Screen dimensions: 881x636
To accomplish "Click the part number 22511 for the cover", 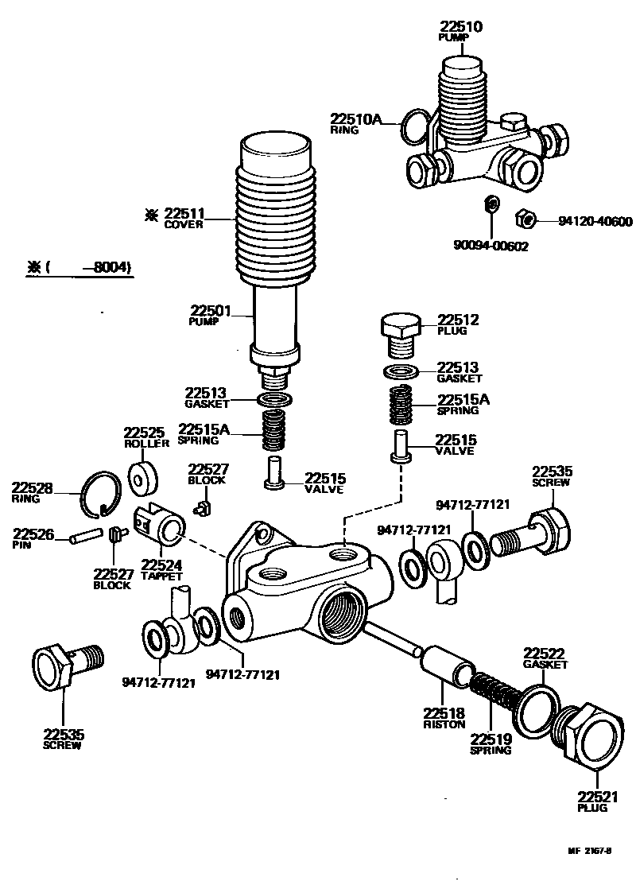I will [184, 213].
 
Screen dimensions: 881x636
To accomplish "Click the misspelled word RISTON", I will [444, 724].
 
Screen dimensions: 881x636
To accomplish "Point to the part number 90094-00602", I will [491, 246].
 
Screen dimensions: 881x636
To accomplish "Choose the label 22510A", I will [356, 120].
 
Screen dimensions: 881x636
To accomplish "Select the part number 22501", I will [210, 311].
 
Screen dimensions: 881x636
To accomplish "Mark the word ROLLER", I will [142, 444].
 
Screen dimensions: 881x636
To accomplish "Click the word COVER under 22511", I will [184, 225].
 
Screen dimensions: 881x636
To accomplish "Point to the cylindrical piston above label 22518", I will [450, 666].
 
